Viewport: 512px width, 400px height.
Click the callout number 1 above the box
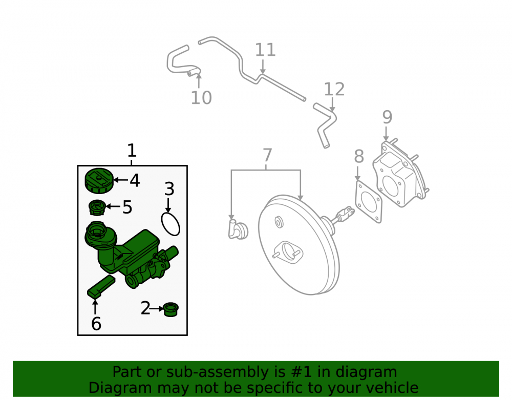(x=131, y=151)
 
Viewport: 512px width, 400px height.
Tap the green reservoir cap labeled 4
(x=99, y=181)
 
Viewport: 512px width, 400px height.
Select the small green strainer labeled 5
(x=97, y=207)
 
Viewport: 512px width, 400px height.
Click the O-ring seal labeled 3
(x=170, y=224)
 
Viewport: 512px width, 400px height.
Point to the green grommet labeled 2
(x=171, y=309)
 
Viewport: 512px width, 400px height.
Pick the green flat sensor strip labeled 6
(x=101, y=286)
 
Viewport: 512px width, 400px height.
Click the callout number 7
(x=267, y=155)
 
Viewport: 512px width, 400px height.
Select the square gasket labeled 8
(x=368, y=202)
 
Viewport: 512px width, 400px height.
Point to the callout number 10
(x=201, y=98)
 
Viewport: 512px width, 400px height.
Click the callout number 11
(x=265, y=50)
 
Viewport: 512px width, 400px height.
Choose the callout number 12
(x=334, y=90)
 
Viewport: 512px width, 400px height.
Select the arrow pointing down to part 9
(x=386, y=134)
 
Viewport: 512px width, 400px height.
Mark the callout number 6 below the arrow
(x=96, y=324)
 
